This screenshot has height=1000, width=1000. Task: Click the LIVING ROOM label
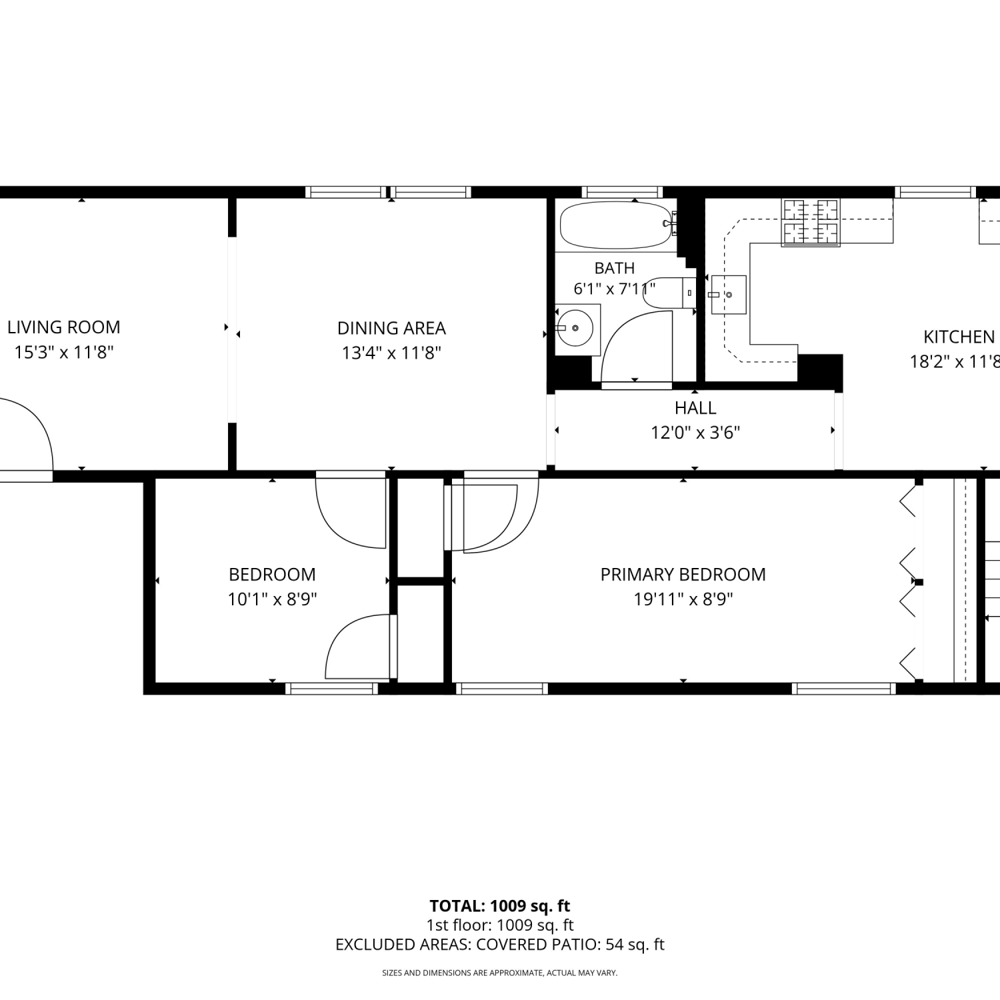(64, 327)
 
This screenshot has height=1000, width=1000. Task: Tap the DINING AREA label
(391, 328)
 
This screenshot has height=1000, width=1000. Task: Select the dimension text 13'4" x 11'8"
(391, 353)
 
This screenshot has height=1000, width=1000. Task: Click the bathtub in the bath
(615, 225)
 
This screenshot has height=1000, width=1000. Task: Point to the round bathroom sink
(575, 328)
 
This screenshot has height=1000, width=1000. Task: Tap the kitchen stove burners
(811, 222)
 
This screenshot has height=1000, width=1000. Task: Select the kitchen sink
(728, 294)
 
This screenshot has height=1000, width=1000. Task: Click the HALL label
(695, 408)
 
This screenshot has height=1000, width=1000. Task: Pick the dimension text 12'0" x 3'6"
(695, 433)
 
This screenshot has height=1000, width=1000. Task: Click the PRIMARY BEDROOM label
(683, 575)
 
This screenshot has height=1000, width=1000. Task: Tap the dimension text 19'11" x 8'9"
(683, 599)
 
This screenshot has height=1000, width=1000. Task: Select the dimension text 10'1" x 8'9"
(272, 599)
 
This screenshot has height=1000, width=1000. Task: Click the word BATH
(614, 268)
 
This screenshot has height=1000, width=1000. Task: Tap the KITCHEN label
(959, 337)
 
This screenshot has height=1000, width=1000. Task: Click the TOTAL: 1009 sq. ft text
(500, 906)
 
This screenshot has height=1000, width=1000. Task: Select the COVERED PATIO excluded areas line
(500, 945)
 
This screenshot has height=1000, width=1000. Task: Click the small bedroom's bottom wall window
(331, 689)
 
